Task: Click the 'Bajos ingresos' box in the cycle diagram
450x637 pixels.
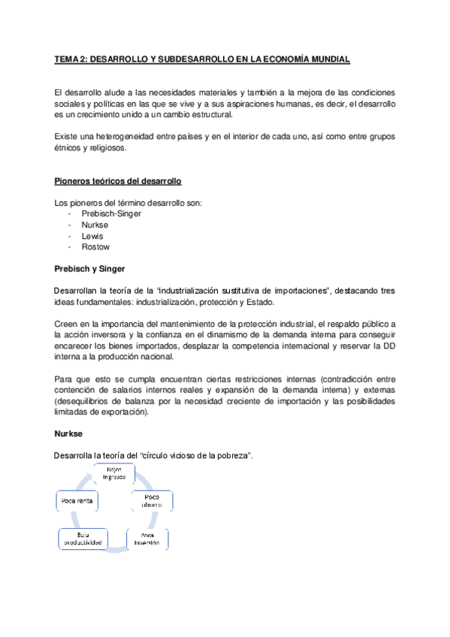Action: [x=114, y=474]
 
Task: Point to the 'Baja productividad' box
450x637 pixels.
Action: [x=82, y=539]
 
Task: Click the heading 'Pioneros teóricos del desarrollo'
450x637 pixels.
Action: [x=118, y=182]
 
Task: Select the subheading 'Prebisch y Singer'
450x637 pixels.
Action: [x=89, y=268]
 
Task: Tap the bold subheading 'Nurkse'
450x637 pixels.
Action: [x=71, y=433]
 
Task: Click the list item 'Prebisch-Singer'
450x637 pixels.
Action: [x=111, y=213]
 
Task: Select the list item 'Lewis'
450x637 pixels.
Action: [x=92, y=235]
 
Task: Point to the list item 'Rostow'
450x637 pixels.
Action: [x=95, y=246]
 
